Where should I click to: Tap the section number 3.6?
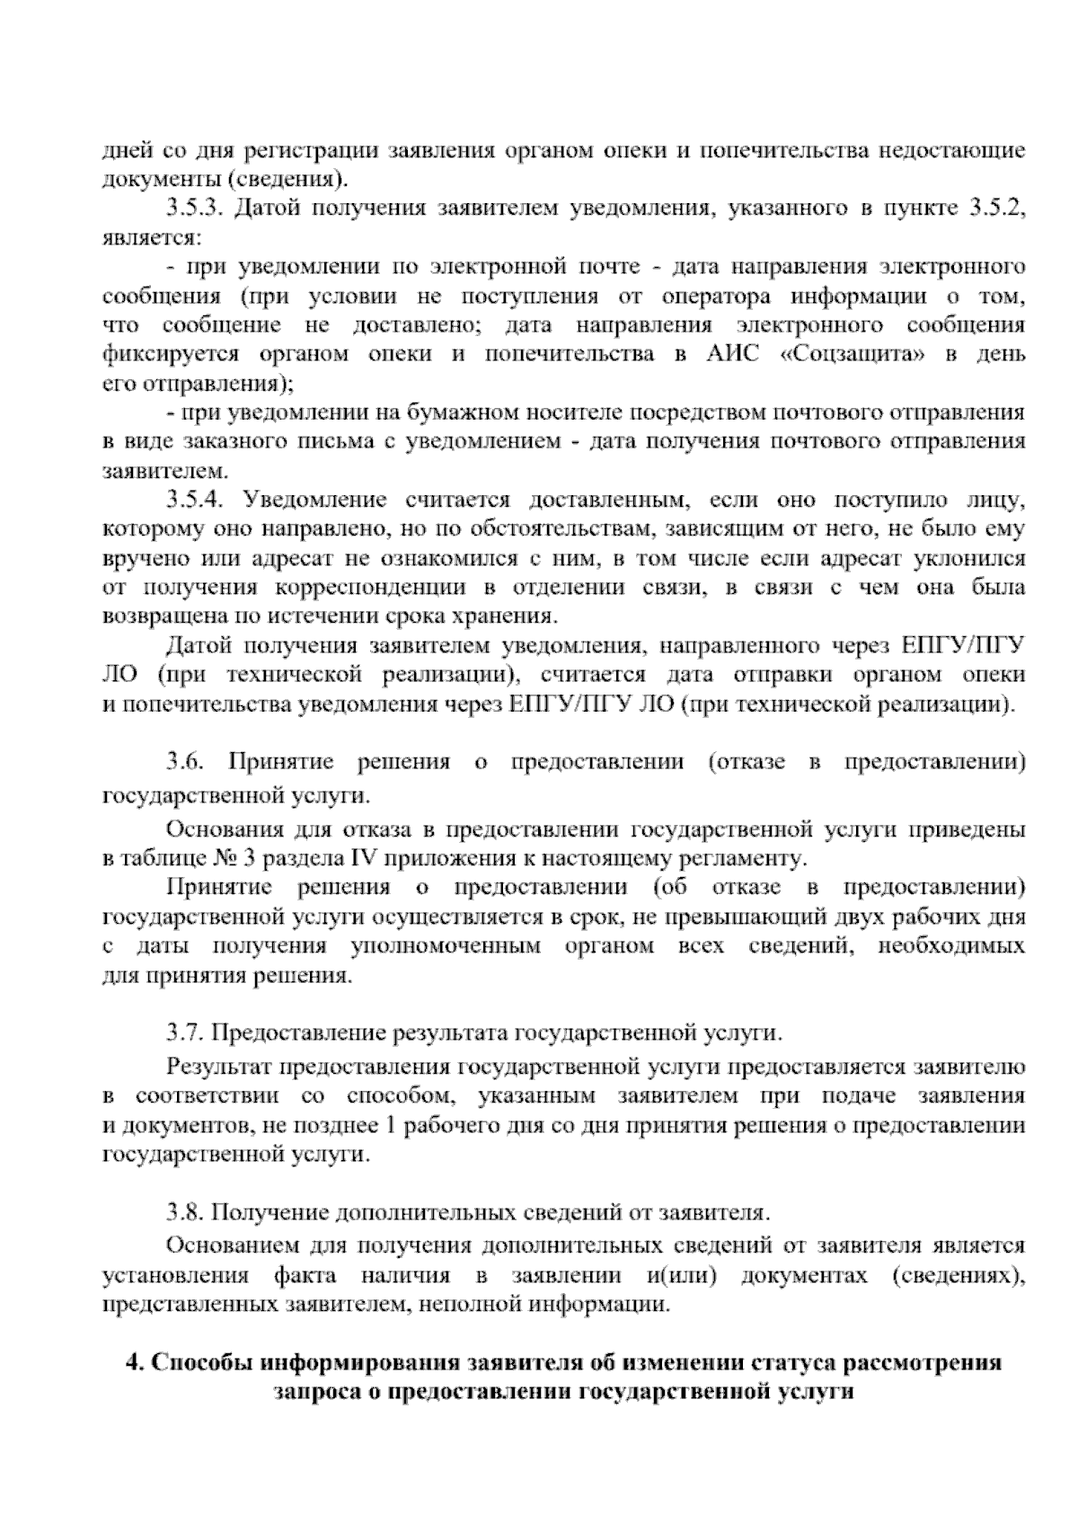coord(186,763)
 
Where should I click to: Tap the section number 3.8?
coord(186,1212)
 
